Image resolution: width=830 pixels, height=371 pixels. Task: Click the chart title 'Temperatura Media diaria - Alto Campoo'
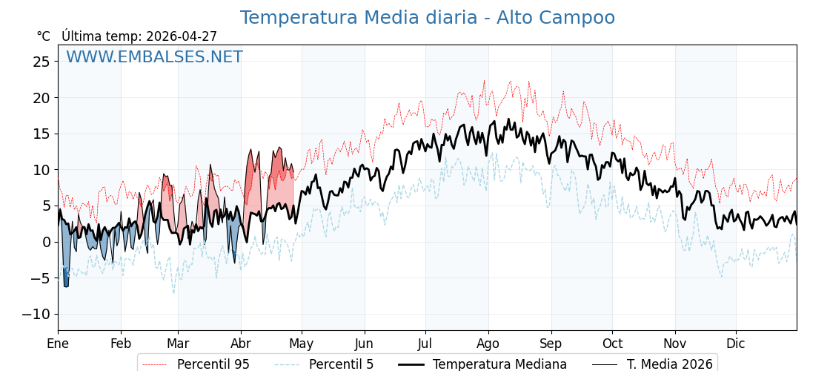427,18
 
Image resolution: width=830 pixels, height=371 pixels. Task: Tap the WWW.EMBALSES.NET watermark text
154,57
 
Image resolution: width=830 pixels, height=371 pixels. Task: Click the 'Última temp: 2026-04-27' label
139,36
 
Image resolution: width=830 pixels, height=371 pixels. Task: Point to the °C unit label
44,36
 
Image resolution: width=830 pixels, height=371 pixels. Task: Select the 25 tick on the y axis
41,62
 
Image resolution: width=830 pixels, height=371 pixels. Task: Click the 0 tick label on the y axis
46,242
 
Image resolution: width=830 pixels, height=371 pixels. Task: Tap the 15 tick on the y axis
41,134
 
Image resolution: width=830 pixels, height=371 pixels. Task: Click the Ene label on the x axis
58,344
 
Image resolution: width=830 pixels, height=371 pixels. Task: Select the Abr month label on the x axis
241,344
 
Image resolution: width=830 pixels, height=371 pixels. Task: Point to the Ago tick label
488,344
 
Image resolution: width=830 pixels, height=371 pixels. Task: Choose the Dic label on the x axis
736,344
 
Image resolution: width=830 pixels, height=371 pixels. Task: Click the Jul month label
425,344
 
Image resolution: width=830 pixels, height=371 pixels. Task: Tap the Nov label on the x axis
675,344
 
